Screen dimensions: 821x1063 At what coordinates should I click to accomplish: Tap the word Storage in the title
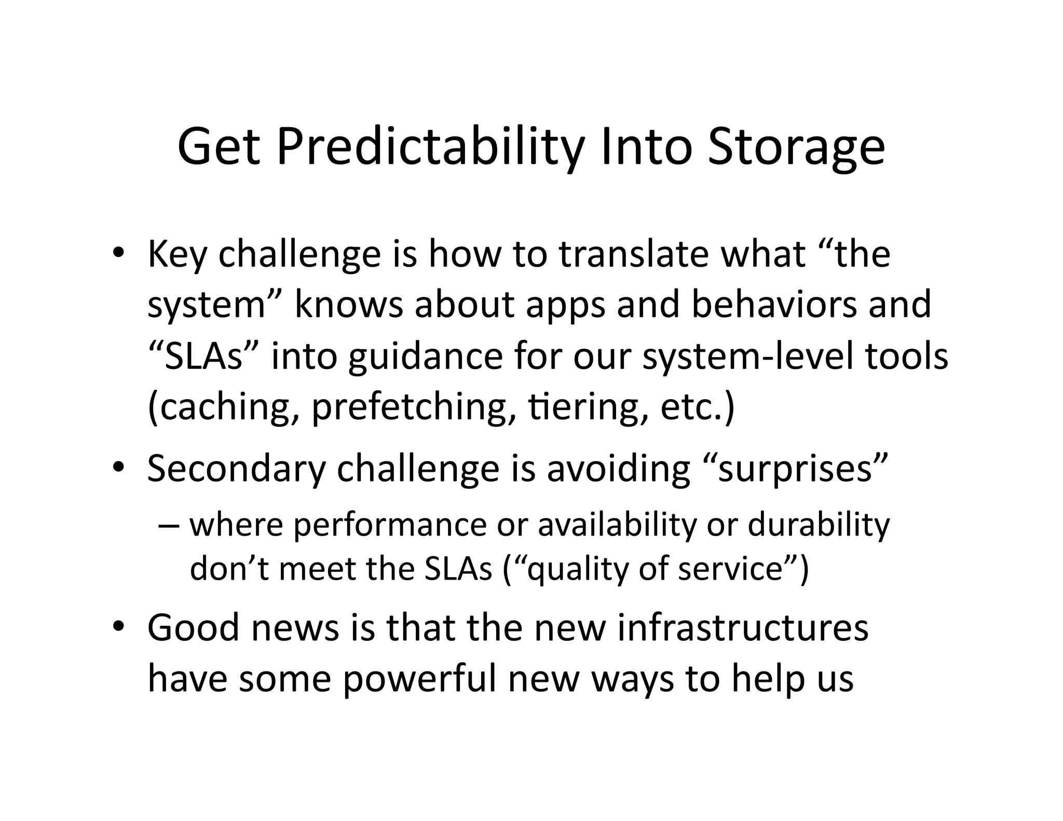tap(796, 148)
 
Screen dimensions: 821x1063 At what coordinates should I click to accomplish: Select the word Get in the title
tap(218, 148)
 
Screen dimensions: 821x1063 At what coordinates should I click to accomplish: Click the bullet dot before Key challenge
tap(118, 254)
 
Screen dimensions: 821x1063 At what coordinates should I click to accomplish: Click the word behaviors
tap(774, 305)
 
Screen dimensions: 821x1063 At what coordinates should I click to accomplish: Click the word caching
tap(225, 407)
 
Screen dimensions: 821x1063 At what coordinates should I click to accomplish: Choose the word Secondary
tap(236, 469)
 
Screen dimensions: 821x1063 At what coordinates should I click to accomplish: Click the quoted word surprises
tap(795, 469)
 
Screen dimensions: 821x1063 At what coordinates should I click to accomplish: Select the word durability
tap(819, 525)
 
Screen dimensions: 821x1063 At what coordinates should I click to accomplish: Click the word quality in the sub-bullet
tap(571, 569)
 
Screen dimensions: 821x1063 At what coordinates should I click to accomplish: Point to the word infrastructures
tap(743, 628)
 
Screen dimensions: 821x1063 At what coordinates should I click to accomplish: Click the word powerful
tap(420, 679)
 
